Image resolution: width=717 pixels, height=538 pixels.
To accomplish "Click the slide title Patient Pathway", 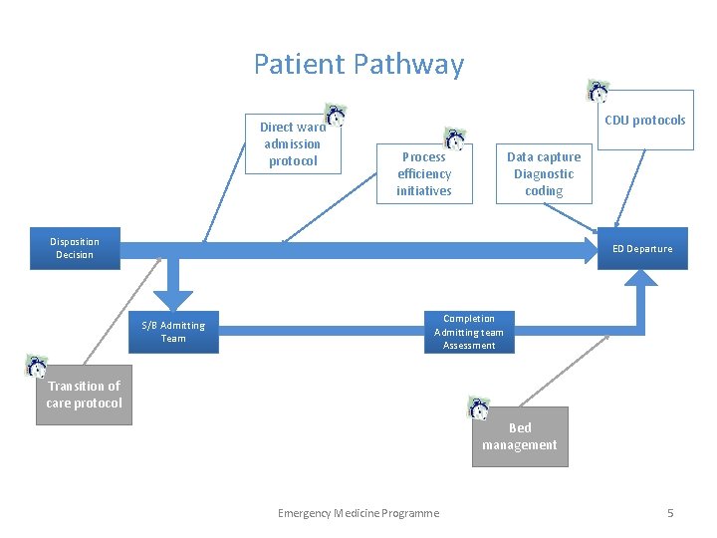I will pyautogui.click(x=358, y=65).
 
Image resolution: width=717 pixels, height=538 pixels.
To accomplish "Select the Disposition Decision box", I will pyautogui.click(x=75, y=248).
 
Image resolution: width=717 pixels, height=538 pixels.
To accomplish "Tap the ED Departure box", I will pyautogui.click(x=642, y=249).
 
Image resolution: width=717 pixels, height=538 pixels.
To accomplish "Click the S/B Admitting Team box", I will pyautogui.click(x=173, y=332).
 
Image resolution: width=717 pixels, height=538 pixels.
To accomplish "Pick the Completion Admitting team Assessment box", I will pyautogui.click(x=469, y=332).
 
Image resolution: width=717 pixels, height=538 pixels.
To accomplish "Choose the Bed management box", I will pyautogui.click(x=520, y=437).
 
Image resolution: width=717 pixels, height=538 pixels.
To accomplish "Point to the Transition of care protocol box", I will pyautogui.click(x=84, y=396).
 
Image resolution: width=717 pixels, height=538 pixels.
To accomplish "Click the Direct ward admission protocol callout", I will pyautogui.click(x=293, y=144).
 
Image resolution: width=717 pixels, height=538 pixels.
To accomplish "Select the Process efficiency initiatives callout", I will pyautogui.click(x=423, y=173).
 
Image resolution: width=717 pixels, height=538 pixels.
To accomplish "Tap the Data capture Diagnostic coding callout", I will pyautogui.click(x=544, y=173).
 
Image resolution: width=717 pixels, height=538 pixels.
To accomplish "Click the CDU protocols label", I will pyautogui.click(x=645, y=121).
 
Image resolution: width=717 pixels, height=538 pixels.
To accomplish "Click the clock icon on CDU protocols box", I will pyautogui.click(x=598, y=92).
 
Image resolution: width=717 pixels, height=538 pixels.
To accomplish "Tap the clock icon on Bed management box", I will pyautogui.click(x=479, y=407).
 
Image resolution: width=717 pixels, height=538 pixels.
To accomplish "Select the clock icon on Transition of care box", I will pyautogui.click(x=37, y=366).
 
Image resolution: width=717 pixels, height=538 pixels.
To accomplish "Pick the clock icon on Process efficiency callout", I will pyautogui.click(x=454, y=139).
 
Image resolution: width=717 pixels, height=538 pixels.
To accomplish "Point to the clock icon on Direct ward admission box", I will pyautogui.click(x=336, y=116).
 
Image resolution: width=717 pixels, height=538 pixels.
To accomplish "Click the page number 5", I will pyautogui.click(x=670, y=513).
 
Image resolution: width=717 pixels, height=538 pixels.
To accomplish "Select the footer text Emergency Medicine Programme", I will pyautogui.click(x=358, y=513).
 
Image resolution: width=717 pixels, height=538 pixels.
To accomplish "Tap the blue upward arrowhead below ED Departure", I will pyautogui.click(x=642, y=280).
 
